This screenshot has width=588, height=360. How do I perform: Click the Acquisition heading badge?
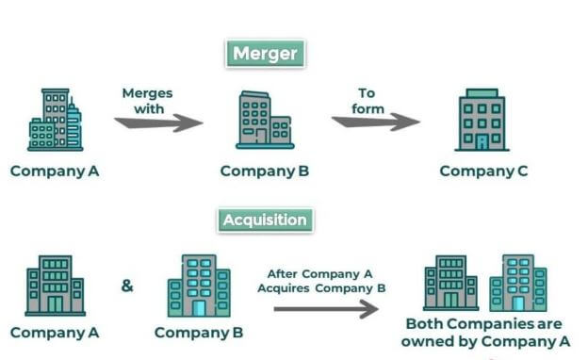265,221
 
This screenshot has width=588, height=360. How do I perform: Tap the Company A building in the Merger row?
56,120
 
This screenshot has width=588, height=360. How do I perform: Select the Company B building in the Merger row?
265,120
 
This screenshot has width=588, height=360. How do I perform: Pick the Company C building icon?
482,120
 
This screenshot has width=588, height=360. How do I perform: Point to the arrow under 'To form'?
375,121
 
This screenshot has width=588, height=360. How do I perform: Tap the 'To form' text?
367,101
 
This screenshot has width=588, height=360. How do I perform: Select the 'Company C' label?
484,171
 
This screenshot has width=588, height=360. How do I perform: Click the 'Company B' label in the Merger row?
265,171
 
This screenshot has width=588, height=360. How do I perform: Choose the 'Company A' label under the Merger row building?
55,171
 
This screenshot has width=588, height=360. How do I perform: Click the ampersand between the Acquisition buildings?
127,284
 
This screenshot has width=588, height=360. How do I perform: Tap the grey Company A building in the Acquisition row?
56,285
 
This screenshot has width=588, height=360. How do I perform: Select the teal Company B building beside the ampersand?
198,285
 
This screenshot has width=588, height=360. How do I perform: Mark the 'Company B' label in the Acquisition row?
199,332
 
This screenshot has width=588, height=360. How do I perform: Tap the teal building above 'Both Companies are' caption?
517,283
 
